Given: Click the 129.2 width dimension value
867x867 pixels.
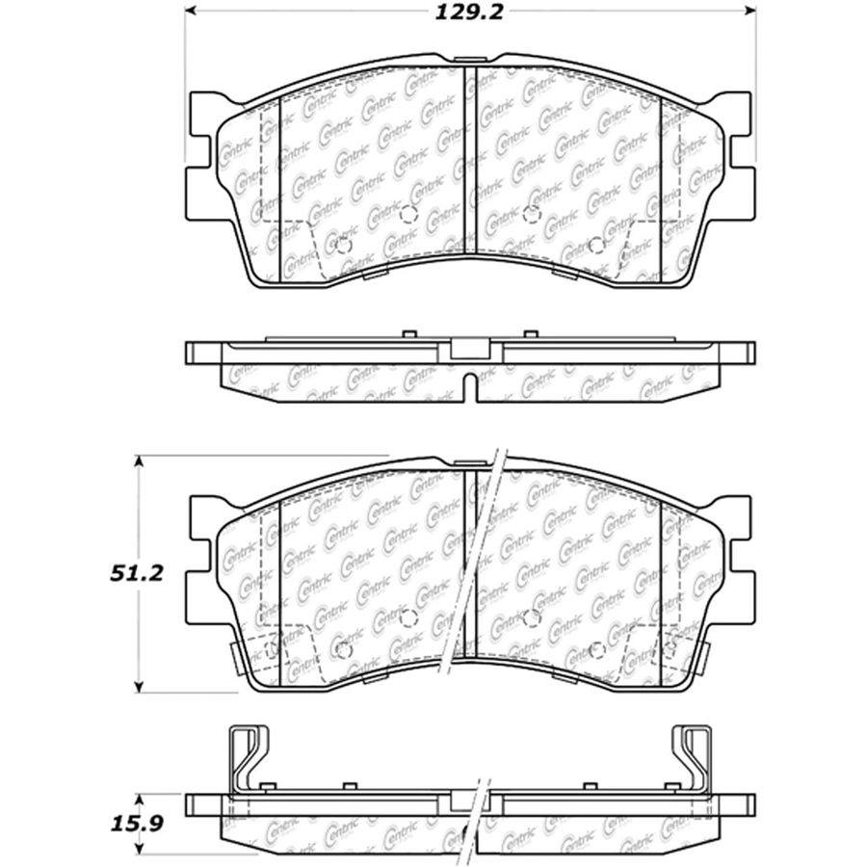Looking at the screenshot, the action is click(x=469, y=13).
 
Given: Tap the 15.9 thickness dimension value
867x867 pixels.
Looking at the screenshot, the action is click(x=137, y=824).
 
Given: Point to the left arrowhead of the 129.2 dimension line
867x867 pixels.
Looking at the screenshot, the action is click(x=191, y=11).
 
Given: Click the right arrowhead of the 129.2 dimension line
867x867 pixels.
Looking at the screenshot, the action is click(x=749, y=11).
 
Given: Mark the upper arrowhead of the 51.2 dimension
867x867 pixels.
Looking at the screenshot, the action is click(x=140, y=462).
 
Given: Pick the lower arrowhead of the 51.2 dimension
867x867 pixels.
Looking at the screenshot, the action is click(x=140, y=686).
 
